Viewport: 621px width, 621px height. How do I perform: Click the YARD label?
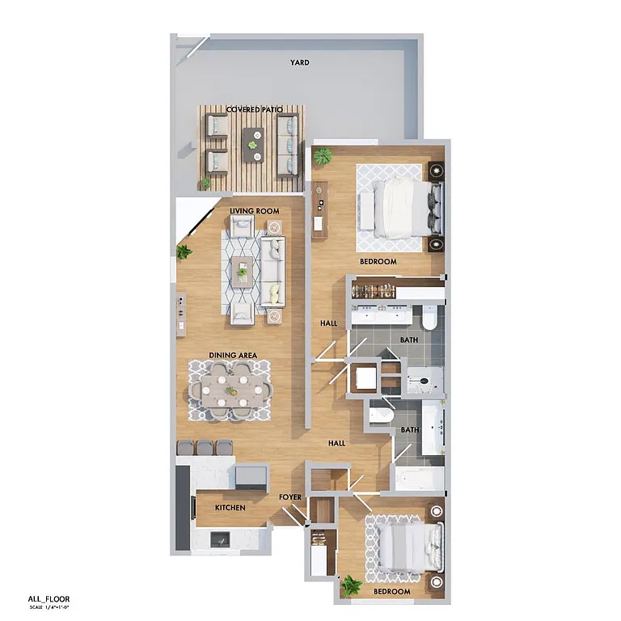[300, 62]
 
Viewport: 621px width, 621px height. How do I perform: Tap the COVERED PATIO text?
[254, 109]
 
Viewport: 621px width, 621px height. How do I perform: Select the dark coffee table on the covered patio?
[253, 143]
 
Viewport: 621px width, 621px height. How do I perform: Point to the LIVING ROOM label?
[254, 211]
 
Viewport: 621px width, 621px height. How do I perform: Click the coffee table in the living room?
[243, 272]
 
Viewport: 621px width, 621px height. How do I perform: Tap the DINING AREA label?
[233, 355]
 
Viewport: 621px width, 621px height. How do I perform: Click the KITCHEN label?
[230, 508]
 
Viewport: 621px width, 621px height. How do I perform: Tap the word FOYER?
[290, 497]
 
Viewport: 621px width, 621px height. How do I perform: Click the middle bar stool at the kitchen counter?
[205, 446]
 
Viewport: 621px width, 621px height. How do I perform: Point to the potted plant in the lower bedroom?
[351, 584]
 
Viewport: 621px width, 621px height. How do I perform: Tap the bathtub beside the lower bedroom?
[419, 478]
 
